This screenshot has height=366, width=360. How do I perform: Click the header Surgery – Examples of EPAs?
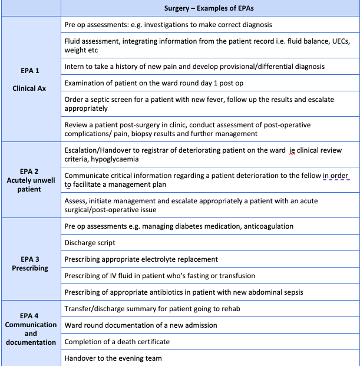[209, 8]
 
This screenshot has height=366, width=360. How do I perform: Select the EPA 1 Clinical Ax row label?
[30, 80]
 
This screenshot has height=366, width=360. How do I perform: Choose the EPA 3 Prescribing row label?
[30, 259]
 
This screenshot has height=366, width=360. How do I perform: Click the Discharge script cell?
[90, 243]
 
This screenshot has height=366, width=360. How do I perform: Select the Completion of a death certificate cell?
[117, 342]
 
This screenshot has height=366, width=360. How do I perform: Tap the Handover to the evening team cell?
[113, 358]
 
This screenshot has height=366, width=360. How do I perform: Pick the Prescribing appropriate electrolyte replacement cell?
[141, 259]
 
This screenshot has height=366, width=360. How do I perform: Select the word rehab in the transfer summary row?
[229, 309]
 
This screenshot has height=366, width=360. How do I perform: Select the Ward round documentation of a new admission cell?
[141, 325]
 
